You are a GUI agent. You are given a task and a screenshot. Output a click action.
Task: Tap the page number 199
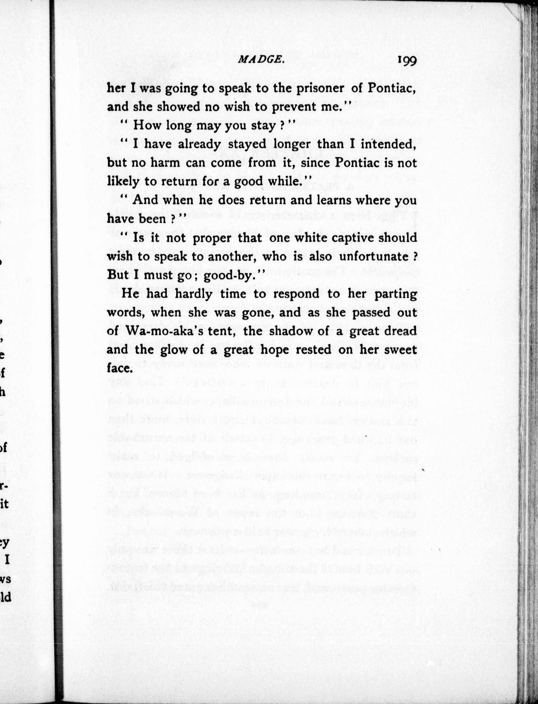coord(407,60)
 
